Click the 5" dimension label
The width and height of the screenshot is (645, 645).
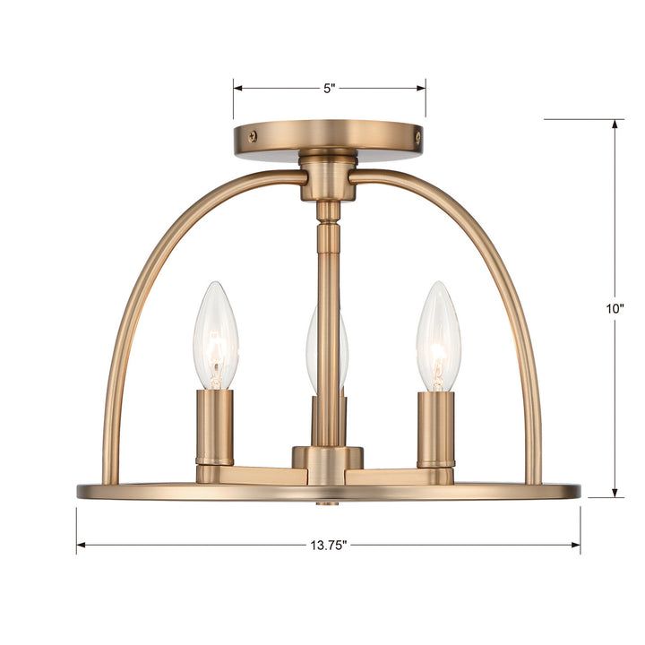pyautogui.click(x=329, y=89)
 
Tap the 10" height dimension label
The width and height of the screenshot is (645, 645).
pyautogui.click(x=615, y=307)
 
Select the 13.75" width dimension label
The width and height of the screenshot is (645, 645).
pyautogui.click(x=328, y=545)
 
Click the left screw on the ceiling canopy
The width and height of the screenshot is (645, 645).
pyautogui.click(x=253, y=136)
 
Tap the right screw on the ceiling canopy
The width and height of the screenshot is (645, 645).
pyautogui.click(x=417, y=136)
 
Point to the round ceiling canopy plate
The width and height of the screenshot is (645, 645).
pyautogui.click(x=328, y=136)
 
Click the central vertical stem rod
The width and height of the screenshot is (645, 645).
pyautogui.click(x=329, y=322)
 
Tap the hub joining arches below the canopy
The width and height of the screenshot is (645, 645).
pyautogui.click(x=328, y=176)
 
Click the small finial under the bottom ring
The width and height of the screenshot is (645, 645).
pyautogui.click(x=329, y=503)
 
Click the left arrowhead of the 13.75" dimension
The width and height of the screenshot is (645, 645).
pyautogui.click(x=82, y=545)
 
